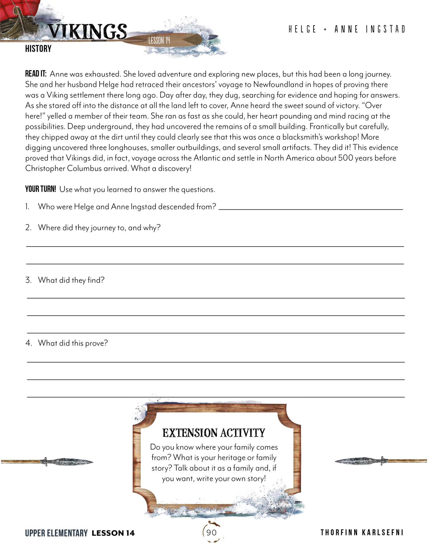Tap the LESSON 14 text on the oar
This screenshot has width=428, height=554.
click(159, 40)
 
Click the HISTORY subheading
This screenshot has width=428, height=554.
click(38, 49)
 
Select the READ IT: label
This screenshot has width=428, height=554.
click(36, 74)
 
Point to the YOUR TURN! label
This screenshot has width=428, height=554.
click(41, 189)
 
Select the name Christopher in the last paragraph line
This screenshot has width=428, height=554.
click(45, 168)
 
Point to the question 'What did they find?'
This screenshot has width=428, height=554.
click(71, 280)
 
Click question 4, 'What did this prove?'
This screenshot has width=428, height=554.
click(73, 343)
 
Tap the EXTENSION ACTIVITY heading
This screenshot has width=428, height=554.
click(214, 433)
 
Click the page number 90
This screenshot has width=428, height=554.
click(211, 533)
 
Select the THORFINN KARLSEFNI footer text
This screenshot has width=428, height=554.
click(362, 533)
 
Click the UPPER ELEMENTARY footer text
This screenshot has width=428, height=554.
click(56, 533)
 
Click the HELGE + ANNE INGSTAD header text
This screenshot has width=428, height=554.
click(346, 29)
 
